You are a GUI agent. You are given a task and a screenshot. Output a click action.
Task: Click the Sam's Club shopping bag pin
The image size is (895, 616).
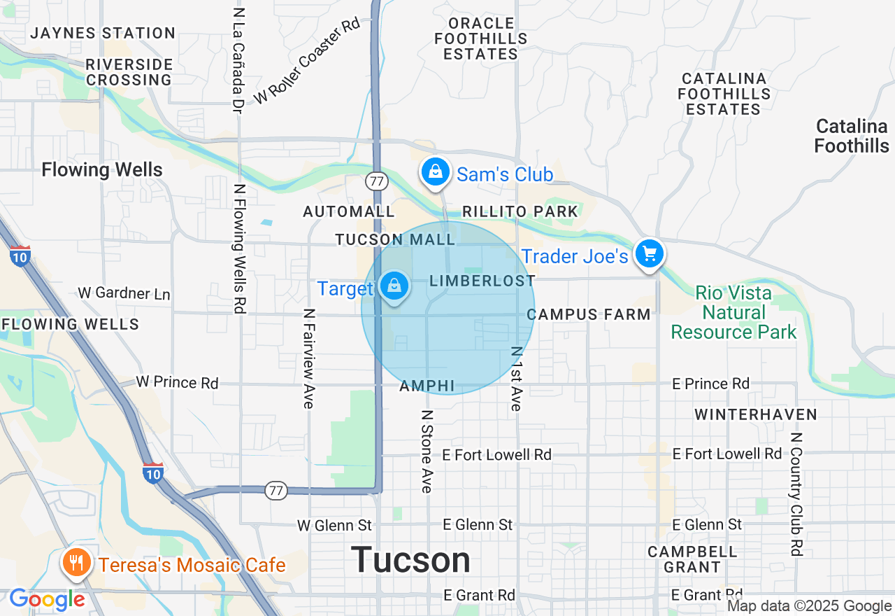pos(436,171)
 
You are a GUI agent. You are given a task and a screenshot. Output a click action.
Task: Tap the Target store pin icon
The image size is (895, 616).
pos(394,286)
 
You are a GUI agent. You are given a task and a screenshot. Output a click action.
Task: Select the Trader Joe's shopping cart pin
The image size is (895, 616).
pos(650,254)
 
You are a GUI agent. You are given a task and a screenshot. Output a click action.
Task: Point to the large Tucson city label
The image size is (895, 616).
pos(411,560)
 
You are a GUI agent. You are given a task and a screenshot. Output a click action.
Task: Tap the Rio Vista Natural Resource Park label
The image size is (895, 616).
pos(733,312)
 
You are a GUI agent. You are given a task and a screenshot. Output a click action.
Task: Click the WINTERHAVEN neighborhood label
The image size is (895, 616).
pos(756,414)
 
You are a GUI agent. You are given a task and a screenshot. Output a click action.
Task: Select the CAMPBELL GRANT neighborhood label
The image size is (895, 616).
pos(692,559)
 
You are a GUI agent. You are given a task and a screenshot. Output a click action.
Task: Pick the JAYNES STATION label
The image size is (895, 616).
pos(103,33)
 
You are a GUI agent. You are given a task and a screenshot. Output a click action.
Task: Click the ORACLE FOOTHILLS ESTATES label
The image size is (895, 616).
pos(481,38)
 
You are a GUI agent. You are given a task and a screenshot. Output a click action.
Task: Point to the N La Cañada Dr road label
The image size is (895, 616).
pos(238,62)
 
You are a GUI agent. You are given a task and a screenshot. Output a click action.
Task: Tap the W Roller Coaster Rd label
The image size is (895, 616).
pos(307,61)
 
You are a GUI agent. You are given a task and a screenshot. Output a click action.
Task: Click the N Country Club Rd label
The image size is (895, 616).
pos(795,493)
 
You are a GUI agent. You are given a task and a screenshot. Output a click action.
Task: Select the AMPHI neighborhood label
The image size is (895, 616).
pos(427,386)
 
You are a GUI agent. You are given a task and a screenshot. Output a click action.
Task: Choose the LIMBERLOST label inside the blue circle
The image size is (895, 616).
pos(482,281)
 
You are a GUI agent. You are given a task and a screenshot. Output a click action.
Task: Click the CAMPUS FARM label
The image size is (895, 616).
pos(589,314)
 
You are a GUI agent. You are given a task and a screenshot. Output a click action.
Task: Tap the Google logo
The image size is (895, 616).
pos(47,599)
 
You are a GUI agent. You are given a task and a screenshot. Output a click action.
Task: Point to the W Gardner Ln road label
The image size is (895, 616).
pos(124,293)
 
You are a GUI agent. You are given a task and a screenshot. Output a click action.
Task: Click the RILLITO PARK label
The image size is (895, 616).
pos(520,211)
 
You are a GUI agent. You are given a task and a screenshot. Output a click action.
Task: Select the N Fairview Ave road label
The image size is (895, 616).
pos(309,358)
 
